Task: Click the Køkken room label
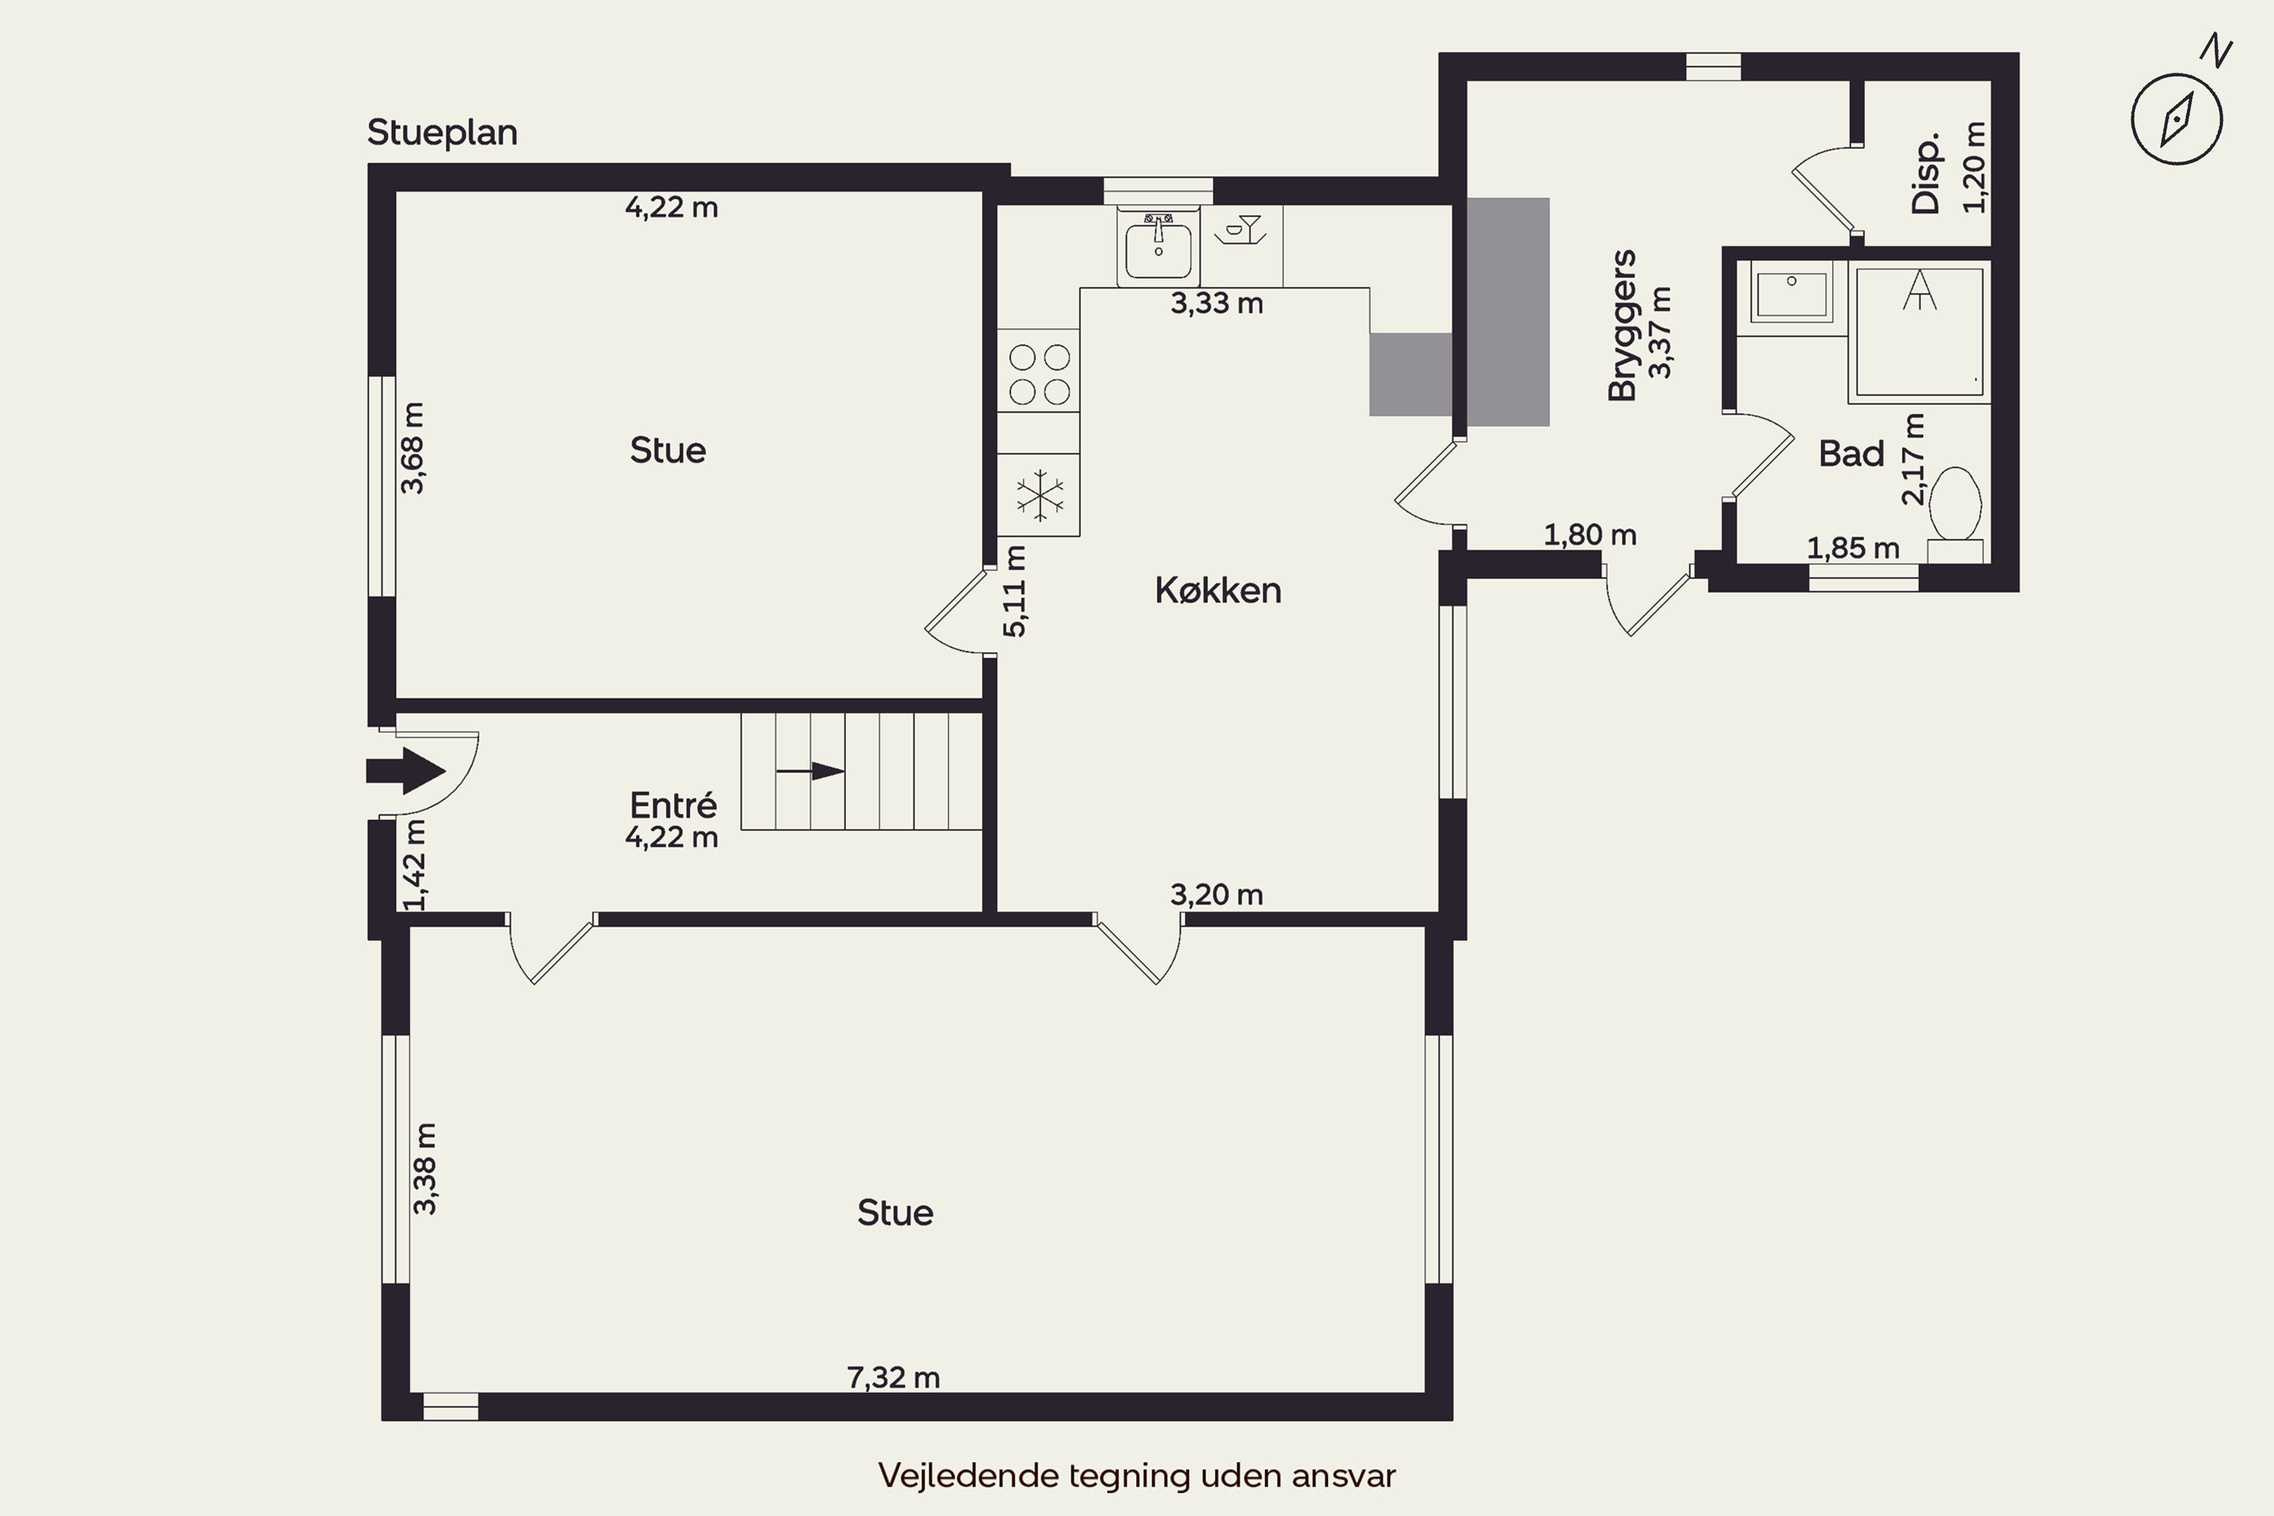pyautogui.click(x=1218, y=590)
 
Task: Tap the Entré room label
pyautogui.click(x=673, y=804)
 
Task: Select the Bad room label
pyautogui.click(x=1852, y=453)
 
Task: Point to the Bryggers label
pyautogui.click(x=1622, y=325)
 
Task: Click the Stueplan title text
pyautogui.click(x=442, y=133)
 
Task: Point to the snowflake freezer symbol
pyautogui.click(x=1039, y=495)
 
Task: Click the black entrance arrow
pyautogui.click(x=405, y=771)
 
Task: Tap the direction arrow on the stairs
pyautogui.click(x=810, y=771)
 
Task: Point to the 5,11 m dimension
pyautogui.click(x=1014, y=590)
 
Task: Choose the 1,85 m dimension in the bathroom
pyautogui.click(x=1853, y=548)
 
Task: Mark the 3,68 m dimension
pyautogui.click(x=413, y=448)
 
